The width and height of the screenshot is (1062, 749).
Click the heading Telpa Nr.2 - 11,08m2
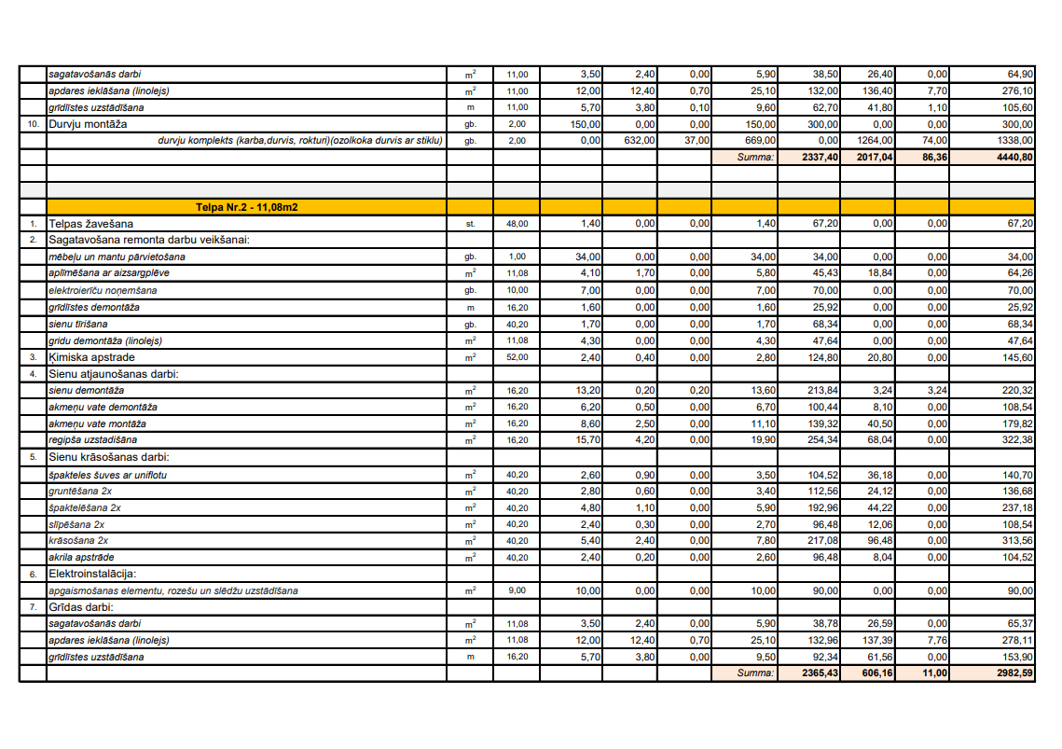click(x=246, y=207)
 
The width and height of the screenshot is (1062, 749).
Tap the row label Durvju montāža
click(x=88, y=124)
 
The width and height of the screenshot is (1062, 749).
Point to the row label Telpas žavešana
click(x=90, y=224)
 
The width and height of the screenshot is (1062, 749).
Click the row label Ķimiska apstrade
click(x=92, y=357)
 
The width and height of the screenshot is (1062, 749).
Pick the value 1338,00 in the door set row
click(x=1017, y=141)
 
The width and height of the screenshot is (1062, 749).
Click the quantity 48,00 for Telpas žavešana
click(x=517, y=224)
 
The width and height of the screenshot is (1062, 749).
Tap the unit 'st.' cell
click(x=470, y=224)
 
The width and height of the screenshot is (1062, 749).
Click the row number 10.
click(x=33, y=124)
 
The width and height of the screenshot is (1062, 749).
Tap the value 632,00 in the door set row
click(x=642, y=141)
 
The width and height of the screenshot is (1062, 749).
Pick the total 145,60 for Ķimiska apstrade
click(x=1017, y=357)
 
